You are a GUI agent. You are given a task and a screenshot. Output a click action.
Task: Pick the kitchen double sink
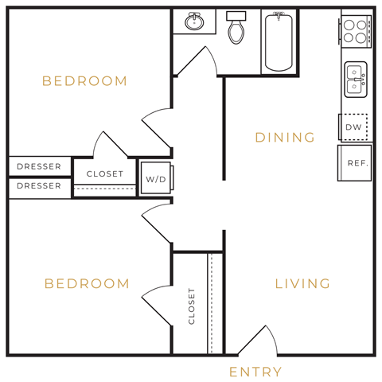355,80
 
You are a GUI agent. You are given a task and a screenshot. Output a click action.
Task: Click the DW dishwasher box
354,127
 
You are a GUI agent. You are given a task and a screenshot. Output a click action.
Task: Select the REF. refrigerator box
356,162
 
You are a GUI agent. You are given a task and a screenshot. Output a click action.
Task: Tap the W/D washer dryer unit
155,179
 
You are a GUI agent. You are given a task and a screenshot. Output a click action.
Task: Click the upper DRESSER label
39,166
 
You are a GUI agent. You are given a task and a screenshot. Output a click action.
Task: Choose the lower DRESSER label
39,185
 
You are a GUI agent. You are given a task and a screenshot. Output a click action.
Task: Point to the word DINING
285,138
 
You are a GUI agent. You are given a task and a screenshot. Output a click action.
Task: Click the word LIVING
302,283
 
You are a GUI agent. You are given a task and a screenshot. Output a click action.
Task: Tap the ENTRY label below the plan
255,372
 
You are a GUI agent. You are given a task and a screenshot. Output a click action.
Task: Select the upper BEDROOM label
84,81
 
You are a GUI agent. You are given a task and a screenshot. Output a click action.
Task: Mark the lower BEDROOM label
86,283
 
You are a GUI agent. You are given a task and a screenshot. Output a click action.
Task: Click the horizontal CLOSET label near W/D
105,173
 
